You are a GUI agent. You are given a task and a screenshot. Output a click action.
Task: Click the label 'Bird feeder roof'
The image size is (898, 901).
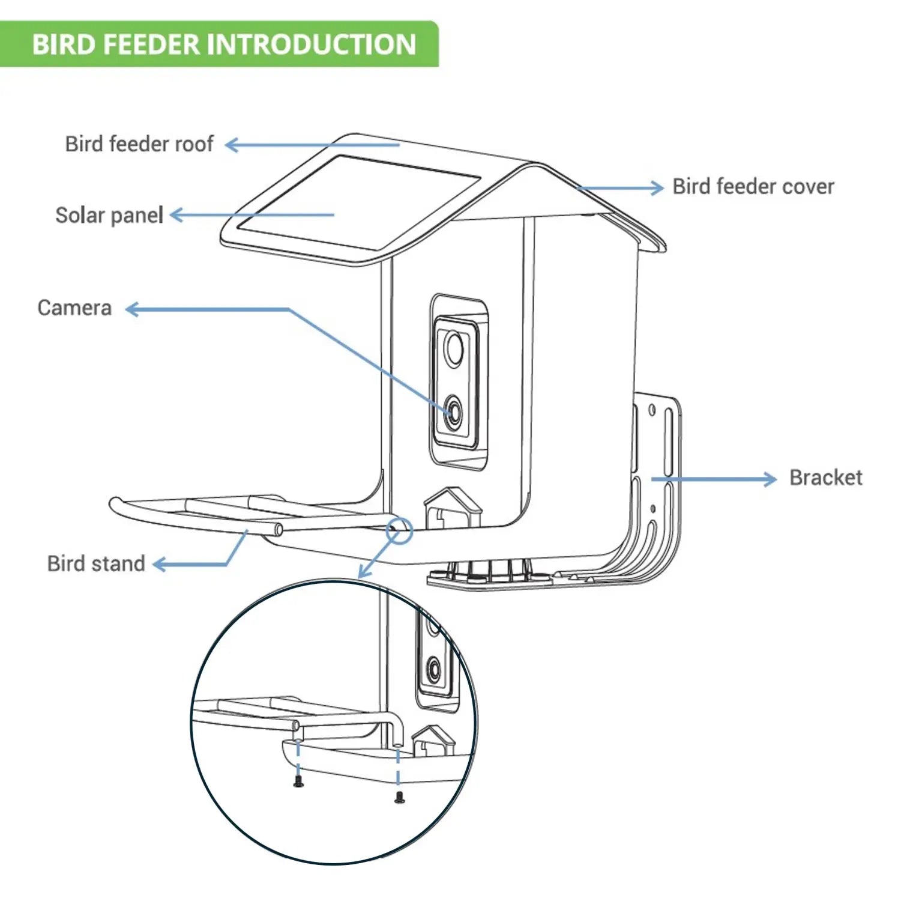pos(139,144)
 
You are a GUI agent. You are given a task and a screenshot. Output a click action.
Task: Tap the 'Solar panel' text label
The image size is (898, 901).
pos(109,215)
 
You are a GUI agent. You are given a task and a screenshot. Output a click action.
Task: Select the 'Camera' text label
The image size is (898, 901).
pos(74,308)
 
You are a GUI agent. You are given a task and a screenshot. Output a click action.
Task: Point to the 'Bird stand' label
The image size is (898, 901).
pos(96,563)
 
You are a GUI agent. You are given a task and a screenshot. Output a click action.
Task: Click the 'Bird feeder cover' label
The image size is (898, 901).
pos(753,186)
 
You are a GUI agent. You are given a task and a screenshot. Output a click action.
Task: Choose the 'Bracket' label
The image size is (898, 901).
pos(825,478)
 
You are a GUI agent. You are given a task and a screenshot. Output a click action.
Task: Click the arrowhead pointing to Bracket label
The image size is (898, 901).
pos(770,479)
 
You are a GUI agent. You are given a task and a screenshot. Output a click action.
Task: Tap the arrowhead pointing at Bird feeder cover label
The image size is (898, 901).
pos(657,187)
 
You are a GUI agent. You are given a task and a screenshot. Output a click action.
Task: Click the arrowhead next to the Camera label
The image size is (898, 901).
pos(132,309)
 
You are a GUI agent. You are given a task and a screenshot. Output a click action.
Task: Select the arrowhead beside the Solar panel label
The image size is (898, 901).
pos(176,215)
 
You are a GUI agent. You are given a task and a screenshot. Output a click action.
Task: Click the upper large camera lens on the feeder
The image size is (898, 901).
pos(454,348)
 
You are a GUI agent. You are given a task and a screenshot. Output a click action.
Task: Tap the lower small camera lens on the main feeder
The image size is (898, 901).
pos(453,413)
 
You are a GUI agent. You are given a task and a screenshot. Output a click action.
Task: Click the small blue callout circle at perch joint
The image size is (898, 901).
pos(399,530)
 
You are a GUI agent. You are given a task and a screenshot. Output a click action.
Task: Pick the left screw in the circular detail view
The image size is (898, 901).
pos(298,781)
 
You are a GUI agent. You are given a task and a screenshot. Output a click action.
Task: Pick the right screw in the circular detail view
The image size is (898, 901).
pos(400,798)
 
